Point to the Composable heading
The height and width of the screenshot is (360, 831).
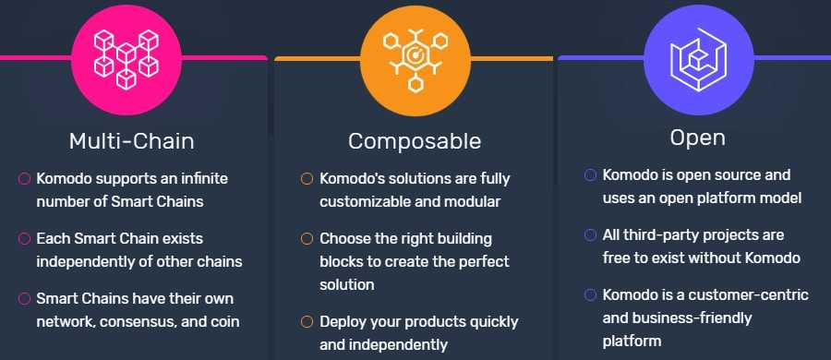415,141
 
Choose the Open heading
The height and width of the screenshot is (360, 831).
697,138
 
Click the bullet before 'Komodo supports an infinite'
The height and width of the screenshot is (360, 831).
25,178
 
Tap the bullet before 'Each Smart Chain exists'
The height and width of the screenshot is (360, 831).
25,239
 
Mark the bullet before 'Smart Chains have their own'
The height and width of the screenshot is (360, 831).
25,299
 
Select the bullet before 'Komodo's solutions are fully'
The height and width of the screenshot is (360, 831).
307,178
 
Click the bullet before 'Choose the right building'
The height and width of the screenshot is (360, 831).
307,239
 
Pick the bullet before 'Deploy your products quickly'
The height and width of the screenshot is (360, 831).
307,322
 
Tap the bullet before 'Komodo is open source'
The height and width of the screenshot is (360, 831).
590,174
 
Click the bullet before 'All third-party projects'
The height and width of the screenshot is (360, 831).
590,235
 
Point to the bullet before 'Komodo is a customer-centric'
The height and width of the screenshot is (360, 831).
590,295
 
